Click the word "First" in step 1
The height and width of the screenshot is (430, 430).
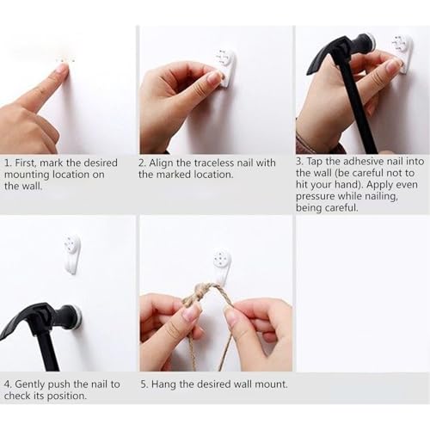pyautogui.click(x=26, y=163)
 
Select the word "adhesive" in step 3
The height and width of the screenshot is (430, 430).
pyautogui.click(x=363, y=162)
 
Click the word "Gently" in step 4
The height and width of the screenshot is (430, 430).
pyautogui.click(x=29, y=384)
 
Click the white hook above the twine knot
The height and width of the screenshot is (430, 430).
pyautogui.click(x=223, y=265)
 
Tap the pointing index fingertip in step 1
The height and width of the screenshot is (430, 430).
pyautogui.click(x=63, y=68)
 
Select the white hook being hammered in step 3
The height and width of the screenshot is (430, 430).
pyautogui.click(x=402, y=54)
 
